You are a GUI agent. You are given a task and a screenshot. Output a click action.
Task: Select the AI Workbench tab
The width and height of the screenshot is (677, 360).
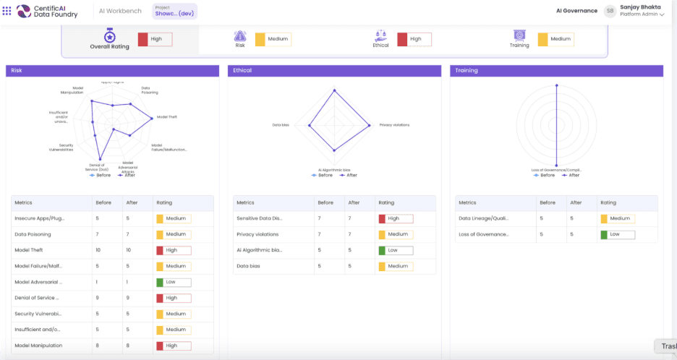click(119, 11)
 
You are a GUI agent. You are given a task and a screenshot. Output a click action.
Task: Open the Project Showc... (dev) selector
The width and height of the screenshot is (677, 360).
click(174, 11)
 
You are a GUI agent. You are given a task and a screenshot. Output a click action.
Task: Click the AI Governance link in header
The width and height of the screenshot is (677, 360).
click(576, 11)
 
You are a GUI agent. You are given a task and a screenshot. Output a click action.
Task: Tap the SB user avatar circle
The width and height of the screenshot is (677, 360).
click(610, 11)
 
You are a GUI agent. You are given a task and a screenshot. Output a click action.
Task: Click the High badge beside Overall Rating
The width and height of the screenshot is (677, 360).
click(155, 39)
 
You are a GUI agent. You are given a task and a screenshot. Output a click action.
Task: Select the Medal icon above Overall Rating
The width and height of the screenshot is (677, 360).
click(109, 35)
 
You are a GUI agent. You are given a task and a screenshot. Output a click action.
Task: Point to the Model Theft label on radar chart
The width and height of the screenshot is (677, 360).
click(167, 116)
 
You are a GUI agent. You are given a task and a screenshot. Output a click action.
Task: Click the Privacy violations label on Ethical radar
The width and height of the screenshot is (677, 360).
click(394, 124)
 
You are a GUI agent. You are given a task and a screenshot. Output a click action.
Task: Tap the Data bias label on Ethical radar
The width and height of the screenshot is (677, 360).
click(281, 124)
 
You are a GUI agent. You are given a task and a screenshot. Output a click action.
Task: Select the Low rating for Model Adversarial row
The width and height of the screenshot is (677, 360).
click(174, 282)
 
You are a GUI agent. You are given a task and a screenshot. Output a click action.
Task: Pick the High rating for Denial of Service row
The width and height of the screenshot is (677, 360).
click(174, 298)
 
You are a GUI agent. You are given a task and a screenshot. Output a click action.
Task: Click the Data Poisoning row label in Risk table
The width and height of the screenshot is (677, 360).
click(33, 234)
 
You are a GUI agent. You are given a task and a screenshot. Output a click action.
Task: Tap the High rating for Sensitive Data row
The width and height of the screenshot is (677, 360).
click(396, 218)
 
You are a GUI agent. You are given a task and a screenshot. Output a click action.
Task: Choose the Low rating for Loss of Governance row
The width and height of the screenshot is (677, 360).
click(618, 234)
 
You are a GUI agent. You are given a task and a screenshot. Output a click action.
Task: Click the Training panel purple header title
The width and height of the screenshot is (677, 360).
click(467, 71)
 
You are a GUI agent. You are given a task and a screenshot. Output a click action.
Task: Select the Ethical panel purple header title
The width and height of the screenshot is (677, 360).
click(242, 71)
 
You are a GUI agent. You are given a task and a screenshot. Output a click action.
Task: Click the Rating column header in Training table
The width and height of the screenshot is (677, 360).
click(608, 202)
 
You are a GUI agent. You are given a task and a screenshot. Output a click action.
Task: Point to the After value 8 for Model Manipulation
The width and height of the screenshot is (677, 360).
click(128, 346)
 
